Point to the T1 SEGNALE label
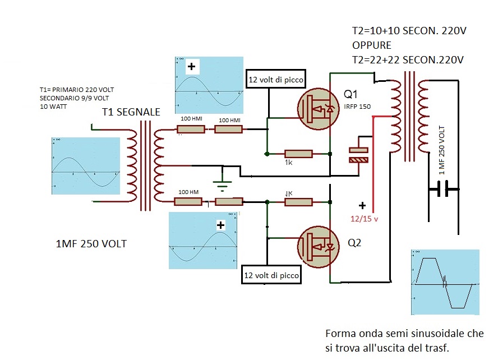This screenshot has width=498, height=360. pos(131,113)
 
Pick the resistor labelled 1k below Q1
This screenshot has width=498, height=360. pos(298,154)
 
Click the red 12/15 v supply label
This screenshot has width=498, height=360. pos(364,219)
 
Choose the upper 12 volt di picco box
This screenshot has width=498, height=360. pos(276,80)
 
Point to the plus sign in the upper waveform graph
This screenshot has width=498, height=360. pos(192,67)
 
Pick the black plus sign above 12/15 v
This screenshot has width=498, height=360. pos(362,205)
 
